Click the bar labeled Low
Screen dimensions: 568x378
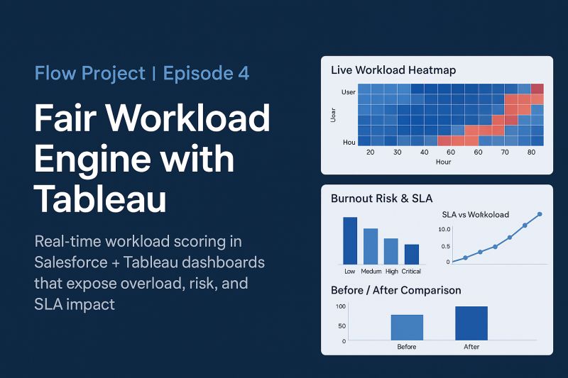point(350,240)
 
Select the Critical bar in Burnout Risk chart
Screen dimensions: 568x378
point(412,255)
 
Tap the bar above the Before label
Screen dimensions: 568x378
point(407,328)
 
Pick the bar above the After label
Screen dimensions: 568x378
point(471,323)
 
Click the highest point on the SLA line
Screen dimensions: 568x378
point(540,214)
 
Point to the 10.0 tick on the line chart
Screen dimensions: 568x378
point(444,229)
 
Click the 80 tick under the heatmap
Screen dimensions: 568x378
point(531,152)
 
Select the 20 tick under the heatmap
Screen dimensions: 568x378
point(370,152)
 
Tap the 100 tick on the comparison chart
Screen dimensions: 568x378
point(341,306)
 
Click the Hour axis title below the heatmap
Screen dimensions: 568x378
point(443,162)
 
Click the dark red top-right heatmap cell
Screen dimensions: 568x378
point(537,89)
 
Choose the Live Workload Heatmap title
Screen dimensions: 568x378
point(393,70)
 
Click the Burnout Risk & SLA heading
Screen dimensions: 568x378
point(382,199)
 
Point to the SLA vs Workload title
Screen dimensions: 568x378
point(475,214)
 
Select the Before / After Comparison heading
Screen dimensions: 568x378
point(396,290)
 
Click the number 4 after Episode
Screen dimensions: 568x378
point(244,73)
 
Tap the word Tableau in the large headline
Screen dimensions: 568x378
point(100,199)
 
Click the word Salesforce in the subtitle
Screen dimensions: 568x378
point(70,262)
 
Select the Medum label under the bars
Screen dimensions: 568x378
point(371,272)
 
